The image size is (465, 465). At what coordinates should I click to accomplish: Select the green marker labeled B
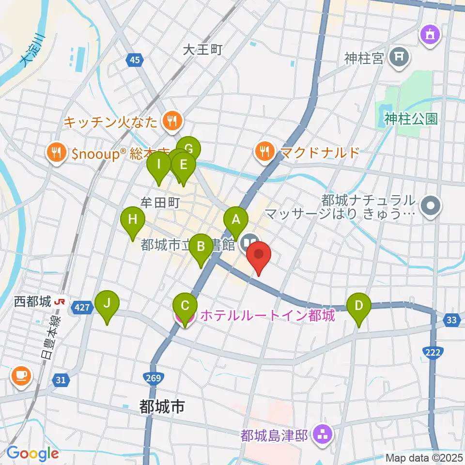pos(200,247)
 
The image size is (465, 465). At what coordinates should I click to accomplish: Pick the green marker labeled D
pos(359,306)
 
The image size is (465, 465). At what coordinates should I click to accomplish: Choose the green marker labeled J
pos(107,304)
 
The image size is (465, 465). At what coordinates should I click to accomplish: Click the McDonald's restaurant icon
pos(264,152)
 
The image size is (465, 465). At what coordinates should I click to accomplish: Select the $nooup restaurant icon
pos(58,154)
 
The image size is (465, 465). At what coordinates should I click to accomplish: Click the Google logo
pos(32,454)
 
